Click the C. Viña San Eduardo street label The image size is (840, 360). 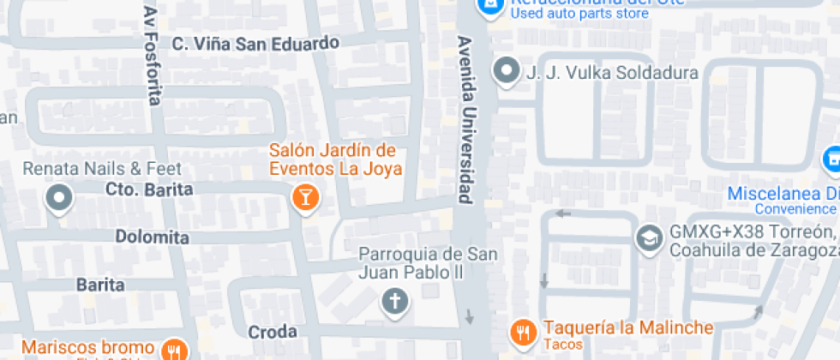(x=255, y=43)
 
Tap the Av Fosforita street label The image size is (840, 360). (x=153, y=57)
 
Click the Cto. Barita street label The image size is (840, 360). (x=149, y=189)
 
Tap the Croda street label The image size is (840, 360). (x=272, y=332)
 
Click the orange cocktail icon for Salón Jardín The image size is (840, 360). (x=304, y=198)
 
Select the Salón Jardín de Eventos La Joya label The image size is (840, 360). (x=335, y=159)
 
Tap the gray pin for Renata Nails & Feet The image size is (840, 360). (x=59, y=198)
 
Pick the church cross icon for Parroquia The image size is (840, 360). (x=394, y=301)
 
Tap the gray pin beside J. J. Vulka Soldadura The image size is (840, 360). (x=506, y=72)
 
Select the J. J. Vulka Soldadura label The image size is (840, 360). (x=611, y=73)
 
